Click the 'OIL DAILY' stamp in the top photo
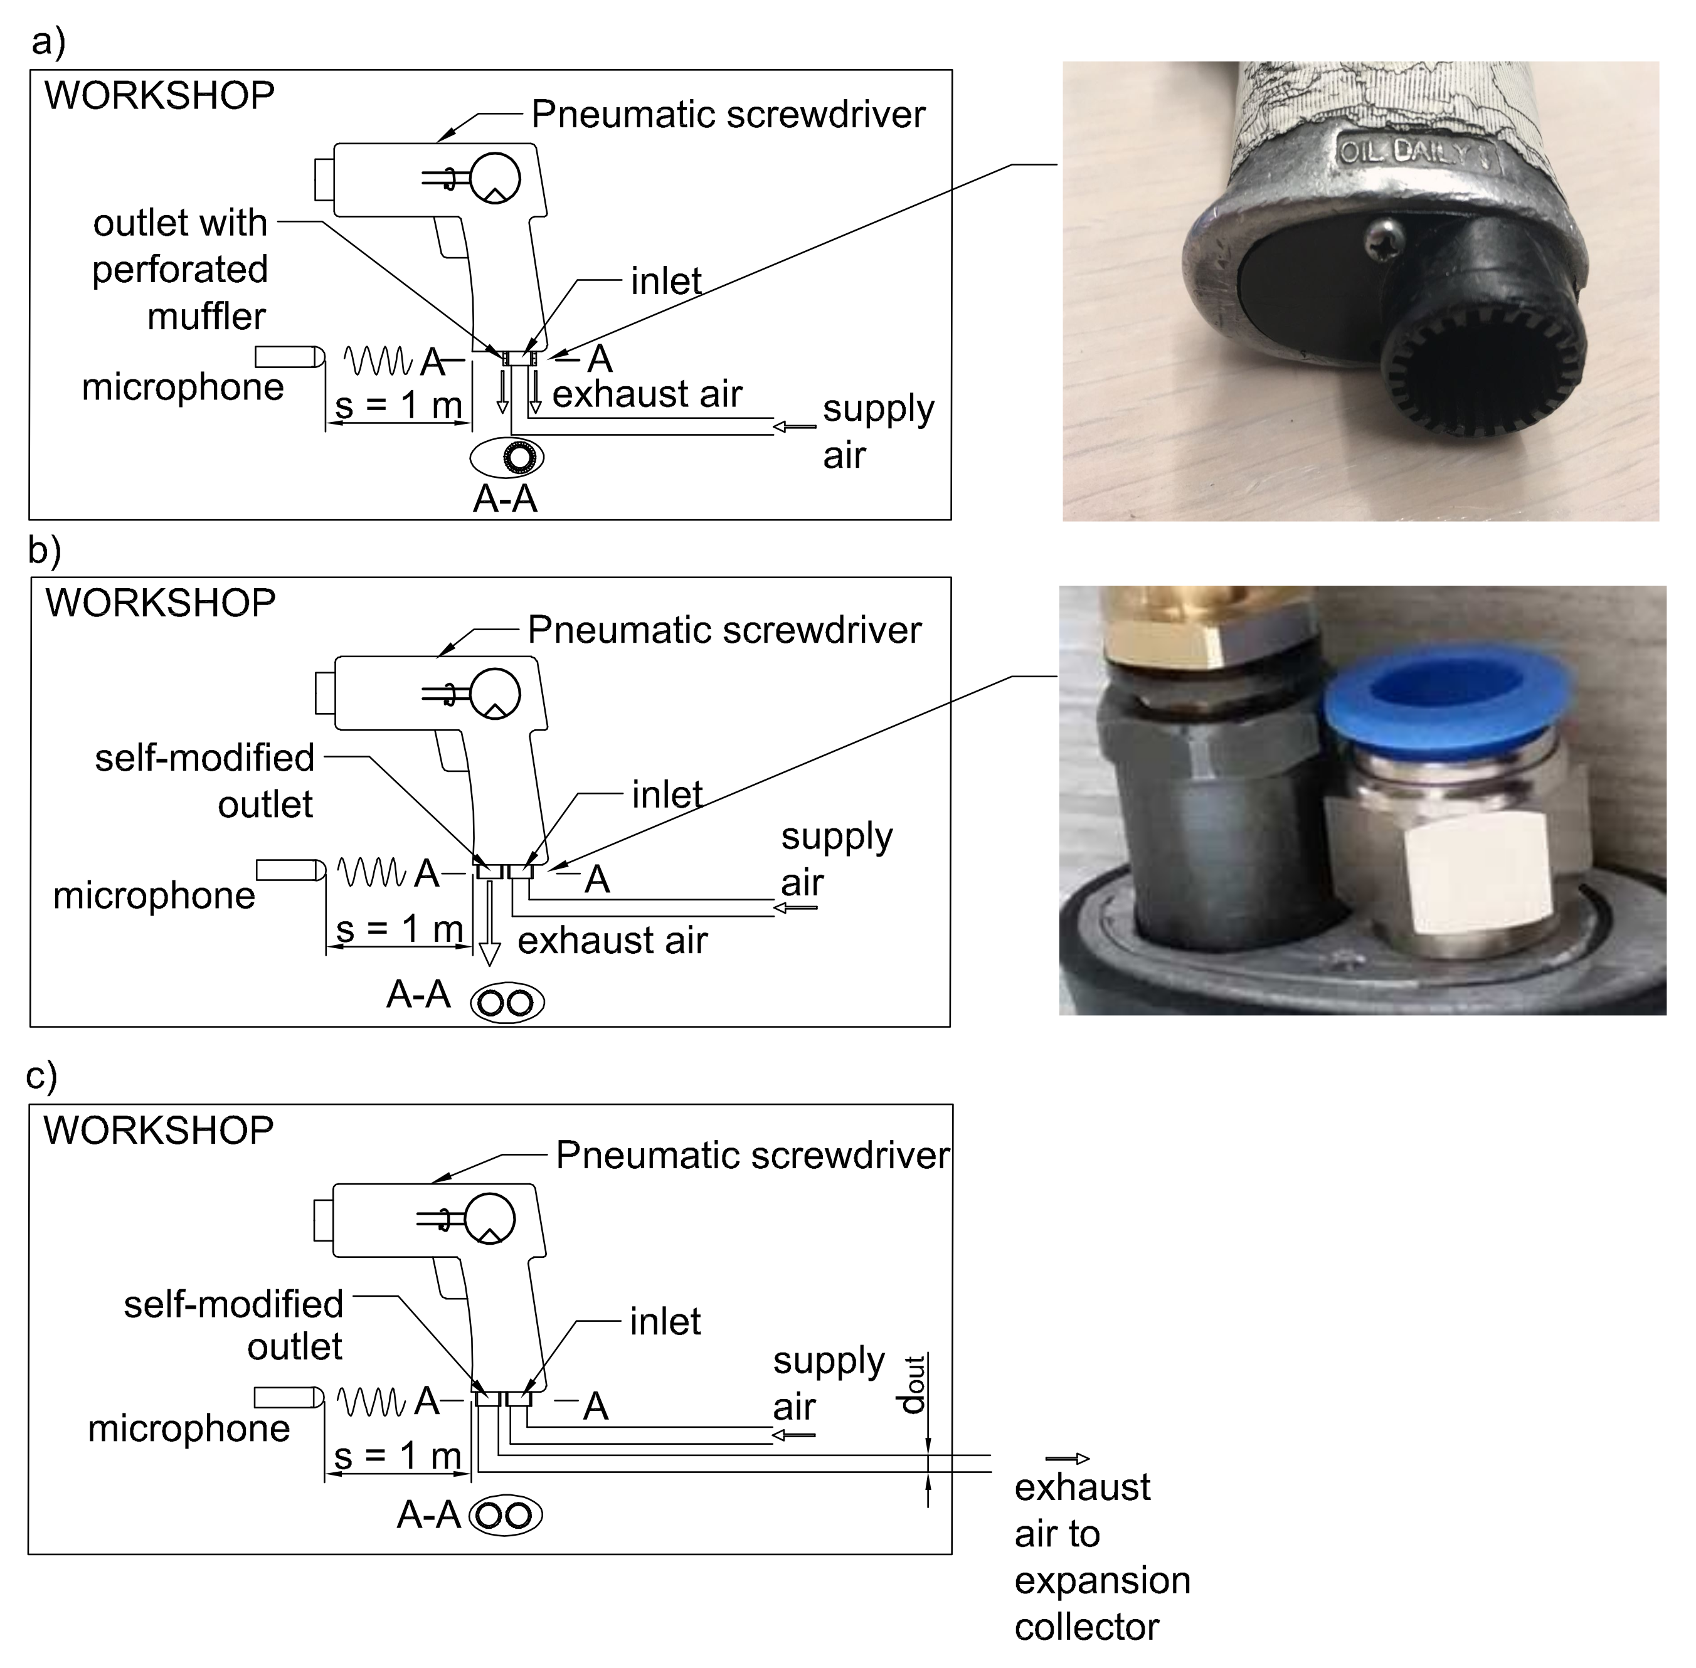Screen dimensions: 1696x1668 (x=1418, y=153)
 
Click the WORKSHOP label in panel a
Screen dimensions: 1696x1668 (x=159, y=95)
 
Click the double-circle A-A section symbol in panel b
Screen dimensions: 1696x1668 (x=507, y=1003)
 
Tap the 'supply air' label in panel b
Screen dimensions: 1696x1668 (x=837, y=860)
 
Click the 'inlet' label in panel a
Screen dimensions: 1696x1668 (x=665, y=281)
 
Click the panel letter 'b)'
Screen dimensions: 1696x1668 (x=45, y=550)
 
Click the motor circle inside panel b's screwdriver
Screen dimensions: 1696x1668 (x=496, y=694)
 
